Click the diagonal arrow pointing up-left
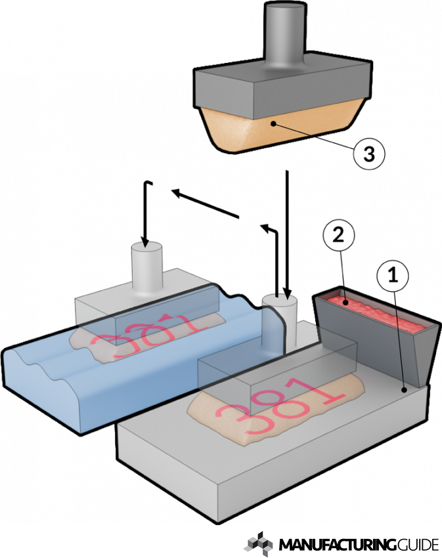coord(204,203)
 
